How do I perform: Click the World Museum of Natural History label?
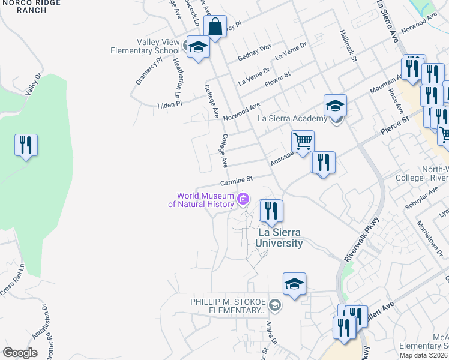(204, 200)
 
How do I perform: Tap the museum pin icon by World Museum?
(244, 199)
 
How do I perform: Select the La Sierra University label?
(279, 238)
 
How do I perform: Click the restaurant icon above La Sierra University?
(271, 211)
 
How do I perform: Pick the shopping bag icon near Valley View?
(215, 28)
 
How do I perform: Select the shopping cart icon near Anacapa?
(303, 142)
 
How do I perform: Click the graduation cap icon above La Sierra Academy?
(335, 106)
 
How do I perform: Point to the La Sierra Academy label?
(292, 118)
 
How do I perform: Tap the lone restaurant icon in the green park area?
(26, 145)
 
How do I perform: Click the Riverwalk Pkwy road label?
(363, 238)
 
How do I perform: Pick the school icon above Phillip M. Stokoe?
(294, 284)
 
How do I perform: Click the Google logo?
(20, 353)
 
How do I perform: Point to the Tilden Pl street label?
(169, 104)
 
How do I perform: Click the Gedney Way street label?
(255, 51)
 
